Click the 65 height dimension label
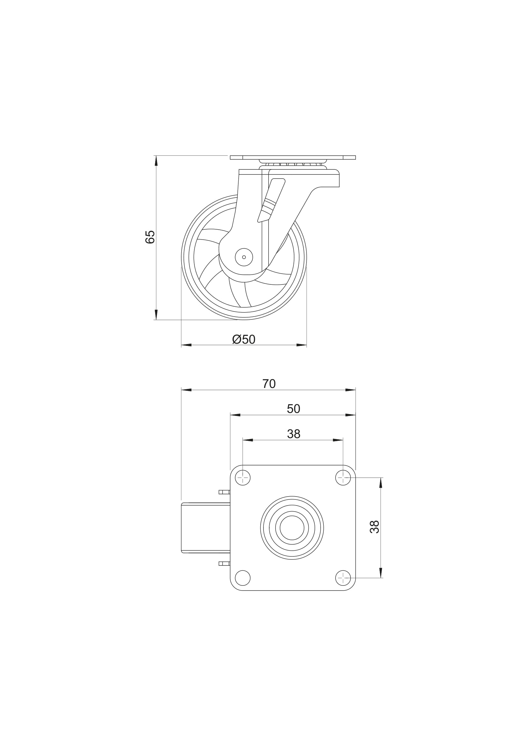pyautogui.click(x=150, y=237)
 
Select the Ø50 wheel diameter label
pyautogui.click(x=244, y=340)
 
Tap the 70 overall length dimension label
pyautogui.click(x=269, y=384)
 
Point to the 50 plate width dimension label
pyautogui.click(x=293, y=409)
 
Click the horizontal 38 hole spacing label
pyautogui.click(x=294, y=434)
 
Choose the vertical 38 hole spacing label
pyautogui.click(x=374, y=527)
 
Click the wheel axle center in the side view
pyautogui.click(x=244, y=257)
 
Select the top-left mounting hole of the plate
pyautogui.click(x=243, y=478)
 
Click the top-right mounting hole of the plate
pyautogui.click(x=343, y=478)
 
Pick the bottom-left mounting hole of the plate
pyautogui.click(x=243, y=578)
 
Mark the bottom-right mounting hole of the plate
pyautogui.click(x=343, y=578)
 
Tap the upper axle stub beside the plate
pyautogui.click(x=224, y=492)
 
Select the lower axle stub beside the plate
pyautogui.click(x=224, y=563)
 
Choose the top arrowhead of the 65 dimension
pyautogui.click(x=156, y=161)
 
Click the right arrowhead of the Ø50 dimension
pyautogui.click(x=301, y=345)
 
